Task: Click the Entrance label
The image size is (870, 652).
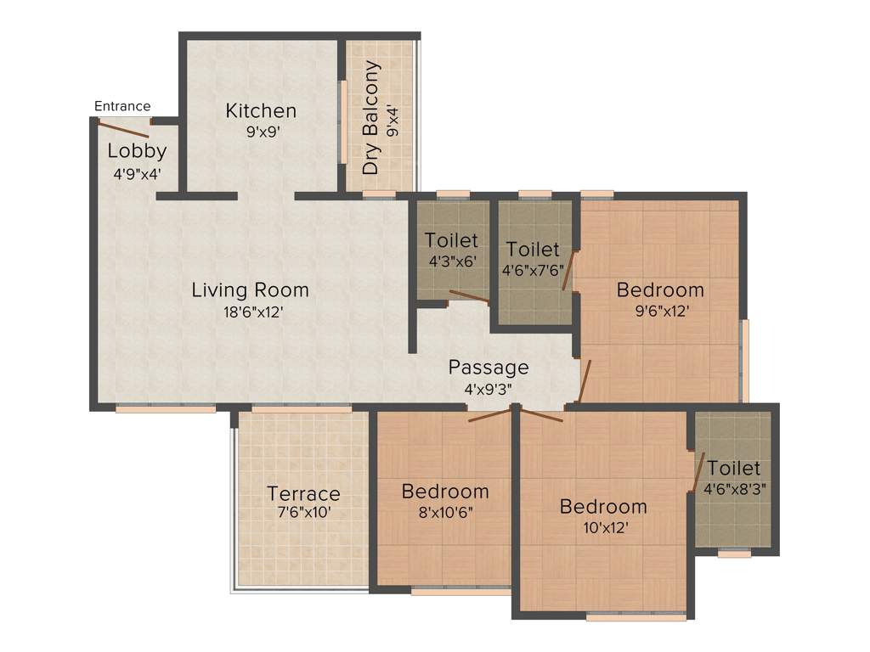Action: pyautogui.click(x=121, y=106)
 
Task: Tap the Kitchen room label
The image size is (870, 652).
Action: pyautogui.click(x=261, y=111)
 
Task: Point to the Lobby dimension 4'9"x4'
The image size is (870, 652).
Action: pyautogui.click(x=137, y=173)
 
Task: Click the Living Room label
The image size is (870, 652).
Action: pyautogui.click(x=250, y=289)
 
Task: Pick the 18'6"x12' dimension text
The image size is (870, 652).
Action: pyautogui.click(x=250, y=312)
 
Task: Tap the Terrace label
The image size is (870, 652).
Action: pyautogui.click(x=303, y=493)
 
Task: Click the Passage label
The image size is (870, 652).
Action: pyautogui.click(x=489, y=368)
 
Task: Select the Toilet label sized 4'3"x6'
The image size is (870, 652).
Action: pyautogui.click(x=452, y=240)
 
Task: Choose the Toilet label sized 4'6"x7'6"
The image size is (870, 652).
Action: pyautogui.click(x=533, y=250)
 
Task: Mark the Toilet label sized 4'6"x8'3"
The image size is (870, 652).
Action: pyautogui.click(x=733, y=469)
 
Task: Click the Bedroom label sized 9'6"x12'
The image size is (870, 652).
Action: pyautogui.click(x=660, y=289)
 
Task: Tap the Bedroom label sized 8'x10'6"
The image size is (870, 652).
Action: pyautogui.click(x=445, y=491)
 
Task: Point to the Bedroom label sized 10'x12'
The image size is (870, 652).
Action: pyautogui.click(x=603, y=507)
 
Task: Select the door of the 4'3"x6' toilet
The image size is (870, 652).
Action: pyautogui.click(x=468, y=295)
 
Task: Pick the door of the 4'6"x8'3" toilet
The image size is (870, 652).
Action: pyautogui.click(x=699, y=473)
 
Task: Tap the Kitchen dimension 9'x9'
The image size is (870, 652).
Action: pyautogui.click(x=261, y=132)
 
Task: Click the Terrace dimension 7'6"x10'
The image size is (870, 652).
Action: pyautogui.click(x=303, y=514)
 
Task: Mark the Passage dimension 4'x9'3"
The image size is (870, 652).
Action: pyautogui.click(x=489, y=389)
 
